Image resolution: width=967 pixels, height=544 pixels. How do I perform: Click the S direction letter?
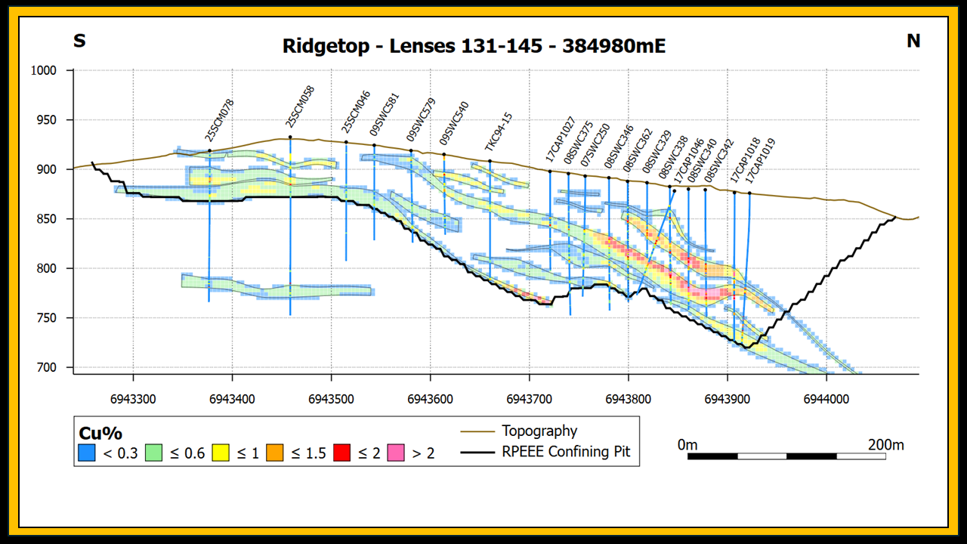click(x=79, y=42)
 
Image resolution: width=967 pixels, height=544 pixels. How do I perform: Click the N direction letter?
click(x=913, y=42)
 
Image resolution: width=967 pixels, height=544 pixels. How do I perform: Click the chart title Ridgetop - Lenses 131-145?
click(x=412, y=46)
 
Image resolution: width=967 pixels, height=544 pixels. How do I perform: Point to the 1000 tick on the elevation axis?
click(x=44, y=70)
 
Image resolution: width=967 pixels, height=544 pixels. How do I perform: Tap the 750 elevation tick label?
click(x=47, y=318)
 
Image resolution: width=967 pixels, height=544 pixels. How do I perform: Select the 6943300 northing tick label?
click(x=133, y=399)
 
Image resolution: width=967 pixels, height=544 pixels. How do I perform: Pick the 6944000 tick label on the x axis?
click(x=826, y=399)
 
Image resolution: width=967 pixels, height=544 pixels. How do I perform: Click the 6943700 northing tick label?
click(x=530, y=399)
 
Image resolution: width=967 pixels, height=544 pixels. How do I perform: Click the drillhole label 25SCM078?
click(x=219, y=120)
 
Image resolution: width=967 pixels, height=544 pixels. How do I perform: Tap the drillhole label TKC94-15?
click(x=498, y=131)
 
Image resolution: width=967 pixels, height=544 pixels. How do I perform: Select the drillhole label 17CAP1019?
click(x=760, y=161)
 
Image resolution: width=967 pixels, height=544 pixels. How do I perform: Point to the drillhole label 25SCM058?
click(x=300, y=107)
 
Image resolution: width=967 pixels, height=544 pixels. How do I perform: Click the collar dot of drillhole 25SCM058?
click(x=290, y=138)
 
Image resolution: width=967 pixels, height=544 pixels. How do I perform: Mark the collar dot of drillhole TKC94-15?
click(x=490, y=161)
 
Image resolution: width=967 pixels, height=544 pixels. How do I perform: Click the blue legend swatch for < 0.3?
click(x=87, y=453)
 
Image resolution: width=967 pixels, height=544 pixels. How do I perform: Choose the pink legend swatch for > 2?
click(x=396, y=453)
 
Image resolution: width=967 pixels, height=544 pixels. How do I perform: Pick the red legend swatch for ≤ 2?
click(x=342, y=453)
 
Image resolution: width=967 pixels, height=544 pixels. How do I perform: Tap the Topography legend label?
click(x=539, y=431)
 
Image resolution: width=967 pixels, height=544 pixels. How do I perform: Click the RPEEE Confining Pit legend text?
click(x=566, y=452)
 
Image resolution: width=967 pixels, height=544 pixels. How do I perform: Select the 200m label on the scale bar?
click(x=886, y=445)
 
